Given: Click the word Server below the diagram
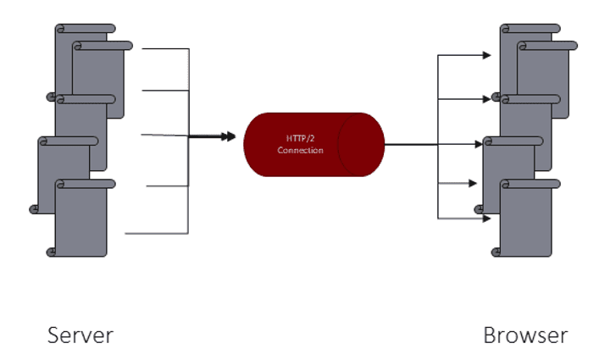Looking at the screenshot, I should point(80,335).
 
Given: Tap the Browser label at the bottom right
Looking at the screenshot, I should point(525,335).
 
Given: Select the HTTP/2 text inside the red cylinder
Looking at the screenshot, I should point(301,138).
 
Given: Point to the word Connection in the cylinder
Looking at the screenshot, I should point(301,151).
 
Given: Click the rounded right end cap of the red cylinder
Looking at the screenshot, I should point(363,145).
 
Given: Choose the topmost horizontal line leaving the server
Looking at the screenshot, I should point(165,49).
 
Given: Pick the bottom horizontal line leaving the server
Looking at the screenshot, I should point(157,232).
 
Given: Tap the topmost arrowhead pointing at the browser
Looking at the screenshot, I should point(486,56).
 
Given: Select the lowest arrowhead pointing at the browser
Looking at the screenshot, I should point(486,219).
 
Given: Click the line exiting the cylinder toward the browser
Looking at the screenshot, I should point(411,145).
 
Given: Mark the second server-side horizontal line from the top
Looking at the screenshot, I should point(165,90).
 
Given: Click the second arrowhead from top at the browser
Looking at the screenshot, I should point(486,99).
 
